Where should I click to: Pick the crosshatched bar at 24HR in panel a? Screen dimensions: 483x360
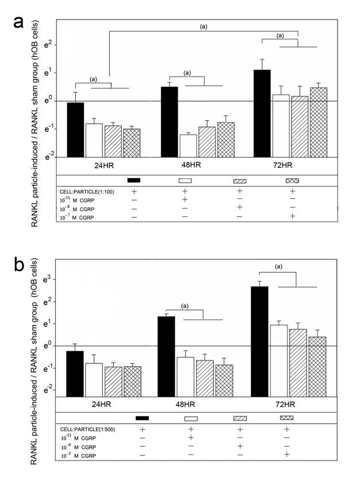tap(132, 143)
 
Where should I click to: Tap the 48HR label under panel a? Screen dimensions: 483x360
tap(187, 166)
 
